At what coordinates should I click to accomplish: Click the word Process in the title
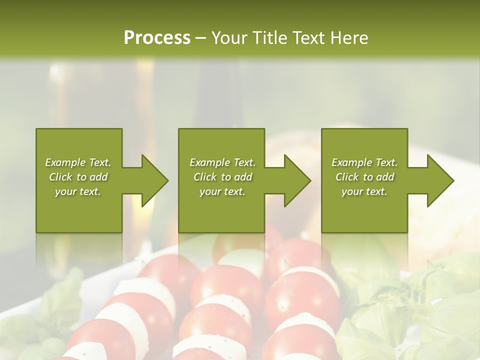point(157,38)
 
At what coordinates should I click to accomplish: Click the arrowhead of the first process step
point(154,180)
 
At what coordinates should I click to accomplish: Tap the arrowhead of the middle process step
point(297,180)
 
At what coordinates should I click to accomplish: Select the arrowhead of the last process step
point(440,180)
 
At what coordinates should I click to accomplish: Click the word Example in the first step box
point(65,162)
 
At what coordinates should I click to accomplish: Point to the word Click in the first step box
point(60,177)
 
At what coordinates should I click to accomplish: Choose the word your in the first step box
point(65,191)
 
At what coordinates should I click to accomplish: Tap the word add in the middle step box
point(243,177)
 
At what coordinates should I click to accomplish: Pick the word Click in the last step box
point(346,177)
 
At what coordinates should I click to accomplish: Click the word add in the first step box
point(98,177)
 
